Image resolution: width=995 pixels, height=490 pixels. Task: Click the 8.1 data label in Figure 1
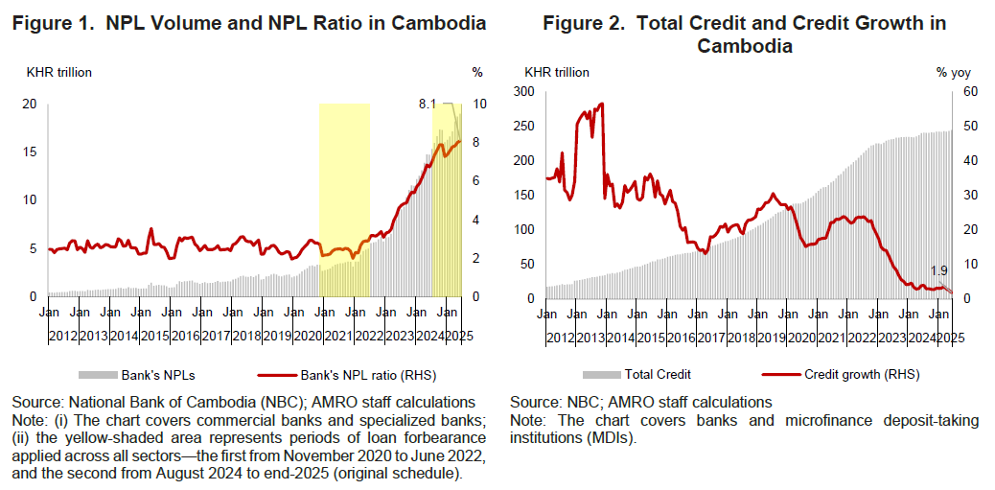[x=428, y=104]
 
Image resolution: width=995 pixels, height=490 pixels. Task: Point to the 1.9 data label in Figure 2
[x=939, y=270]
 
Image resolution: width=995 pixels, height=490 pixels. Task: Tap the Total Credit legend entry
[x=659, y=374]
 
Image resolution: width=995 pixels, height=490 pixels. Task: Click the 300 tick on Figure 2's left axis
[x=523, y=91]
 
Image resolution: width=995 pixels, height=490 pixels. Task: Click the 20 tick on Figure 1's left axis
[x=30, y=104]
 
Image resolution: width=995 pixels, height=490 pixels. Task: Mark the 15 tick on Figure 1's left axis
[x=30, y=152]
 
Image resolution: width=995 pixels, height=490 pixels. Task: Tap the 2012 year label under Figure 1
[x=62, y=335]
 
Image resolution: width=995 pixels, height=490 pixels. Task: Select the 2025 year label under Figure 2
[x=951, y=337]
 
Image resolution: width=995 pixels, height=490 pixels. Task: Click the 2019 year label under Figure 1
[x=278, y=335]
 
